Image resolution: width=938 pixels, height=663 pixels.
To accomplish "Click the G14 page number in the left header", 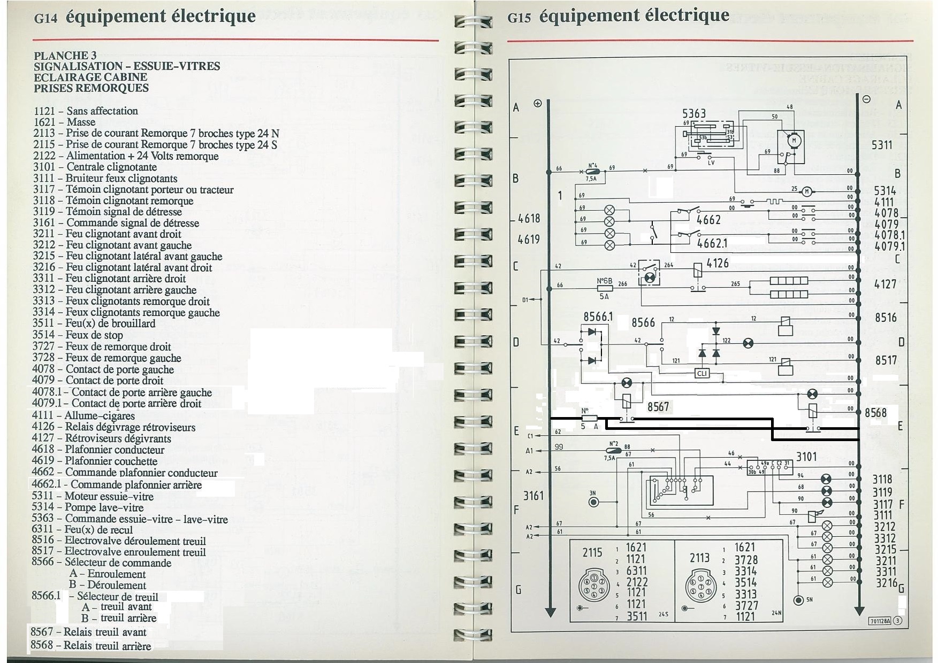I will point(45,18).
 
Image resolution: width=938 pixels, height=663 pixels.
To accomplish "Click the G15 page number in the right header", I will point(518,18).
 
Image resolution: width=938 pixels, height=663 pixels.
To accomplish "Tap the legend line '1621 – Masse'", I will point(64,122).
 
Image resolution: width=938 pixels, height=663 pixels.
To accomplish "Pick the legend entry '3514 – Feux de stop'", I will point(78,335).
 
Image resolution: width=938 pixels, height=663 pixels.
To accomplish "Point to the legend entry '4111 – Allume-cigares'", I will point(83,415).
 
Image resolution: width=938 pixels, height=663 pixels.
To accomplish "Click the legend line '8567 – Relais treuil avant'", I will point(88,632).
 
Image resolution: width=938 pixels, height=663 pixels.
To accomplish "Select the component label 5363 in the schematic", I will point(693,113).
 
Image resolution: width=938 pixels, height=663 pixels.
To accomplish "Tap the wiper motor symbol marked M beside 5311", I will point(794,141).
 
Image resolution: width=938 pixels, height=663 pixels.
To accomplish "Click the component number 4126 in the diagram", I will point(718,263).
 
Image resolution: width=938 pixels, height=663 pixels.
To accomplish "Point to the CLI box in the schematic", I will point(702,373).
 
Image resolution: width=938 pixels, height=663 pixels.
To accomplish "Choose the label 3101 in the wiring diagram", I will point(806,457).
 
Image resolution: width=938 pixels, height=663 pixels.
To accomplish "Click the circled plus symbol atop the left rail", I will point(538,103).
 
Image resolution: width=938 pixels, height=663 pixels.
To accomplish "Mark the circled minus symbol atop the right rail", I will point(866,99).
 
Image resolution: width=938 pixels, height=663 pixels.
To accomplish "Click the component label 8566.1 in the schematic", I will point(598,317).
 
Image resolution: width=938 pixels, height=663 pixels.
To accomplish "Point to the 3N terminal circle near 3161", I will point(593,502).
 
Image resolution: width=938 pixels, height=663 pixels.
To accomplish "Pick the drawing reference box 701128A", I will point(880,621).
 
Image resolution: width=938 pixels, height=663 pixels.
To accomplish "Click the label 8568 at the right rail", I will point(875,413).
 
